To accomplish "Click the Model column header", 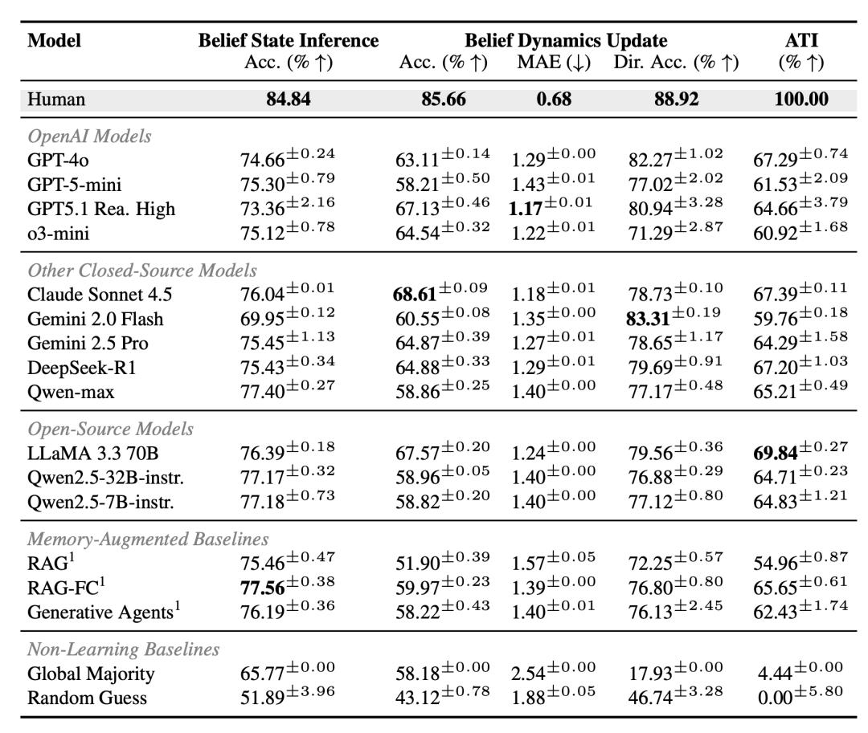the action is (55, 40).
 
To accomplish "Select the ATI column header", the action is (801, 40).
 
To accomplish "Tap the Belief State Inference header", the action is (289, 40).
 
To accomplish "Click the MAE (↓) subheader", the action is (554, 62).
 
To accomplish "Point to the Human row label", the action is (56, 99).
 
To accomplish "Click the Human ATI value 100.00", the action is (801, 99).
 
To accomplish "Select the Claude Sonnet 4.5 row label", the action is (100, 294).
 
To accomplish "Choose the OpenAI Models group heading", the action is (90, 136).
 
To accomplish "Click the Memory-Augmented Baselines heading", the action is (149, 539).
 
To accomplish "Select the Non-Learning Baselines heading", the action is (124, 649).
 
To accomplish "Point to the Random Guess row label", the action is (87, 698).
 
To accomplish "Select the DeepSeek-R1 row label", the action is (82, 368).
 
